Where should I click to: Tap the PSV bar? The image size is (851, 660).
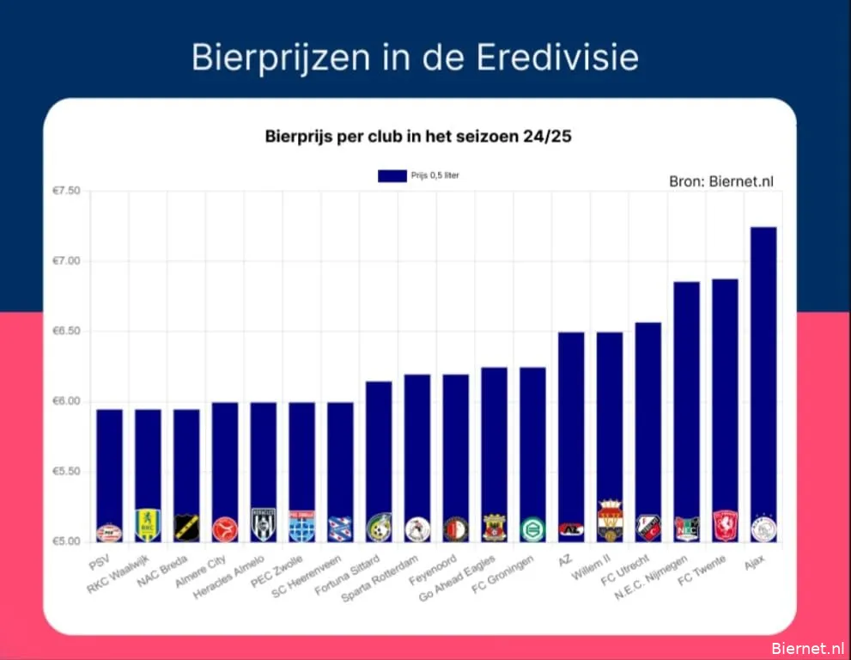tap(109, 464)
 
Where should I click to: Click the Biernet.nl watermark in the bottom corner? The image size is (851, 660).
tap(807, 648)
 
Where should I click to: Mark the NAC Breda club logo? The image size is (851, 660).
tap(186, 528)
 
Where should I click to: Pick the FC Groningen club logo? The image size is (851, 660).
tap(532, 529)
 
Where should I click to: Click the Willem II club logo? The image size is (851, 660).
tap(610, 520)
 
